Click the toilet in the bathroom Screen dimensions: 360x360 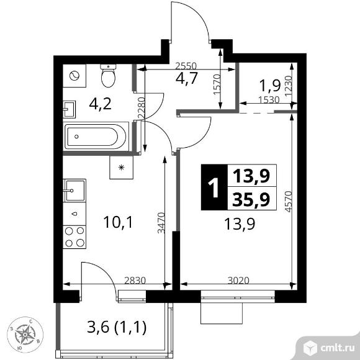coord(108,76)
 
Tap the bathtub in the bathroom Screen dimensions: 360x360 coord(96,137)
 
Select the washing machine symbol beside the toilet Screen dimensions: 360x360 coord(74,76)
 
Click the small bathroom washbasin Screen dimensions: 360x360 coord(69,109)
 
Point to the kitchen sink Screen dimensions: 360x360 coord(74,191)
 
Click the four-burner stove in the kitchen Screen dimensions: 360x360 coord(74,236)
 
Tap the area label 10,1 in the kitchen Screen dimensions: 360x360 coord(118,222)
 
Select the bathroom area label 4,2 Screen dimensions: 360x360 coord(101,104)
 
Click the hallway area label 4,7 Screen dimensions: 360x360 coord(186,78)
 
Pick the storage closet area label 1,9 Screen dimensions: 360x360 coord(270,86)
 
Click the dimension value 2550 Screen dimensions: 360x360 coord(186,66)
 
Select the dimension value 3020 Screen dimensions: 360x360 coord(238,281)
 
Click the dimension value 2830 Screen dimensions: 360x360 coord(135,281)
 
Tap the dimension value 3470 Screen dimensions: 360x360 coord(161,223)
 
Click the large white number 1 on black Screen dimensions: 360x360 coord(214,187)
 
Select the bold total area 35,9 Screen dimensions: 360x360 coord(251,199)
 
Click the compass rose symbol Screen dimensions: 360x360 coord(25,334)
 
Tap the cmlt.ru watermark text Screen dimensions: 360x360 coord(337,348)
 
